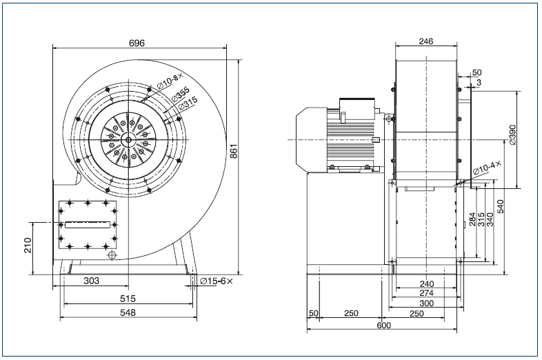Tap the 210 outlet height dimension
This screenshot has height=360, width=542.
click(28, 246)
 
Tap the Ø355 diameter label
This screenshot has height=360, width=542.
click(181, 92)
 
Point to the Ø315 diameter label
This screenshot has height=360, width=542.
click(188, 102)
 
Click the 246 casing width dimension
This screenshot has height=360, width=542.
click(425, 41)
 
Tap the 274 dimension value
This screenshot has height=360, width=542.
click(426, 293)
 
